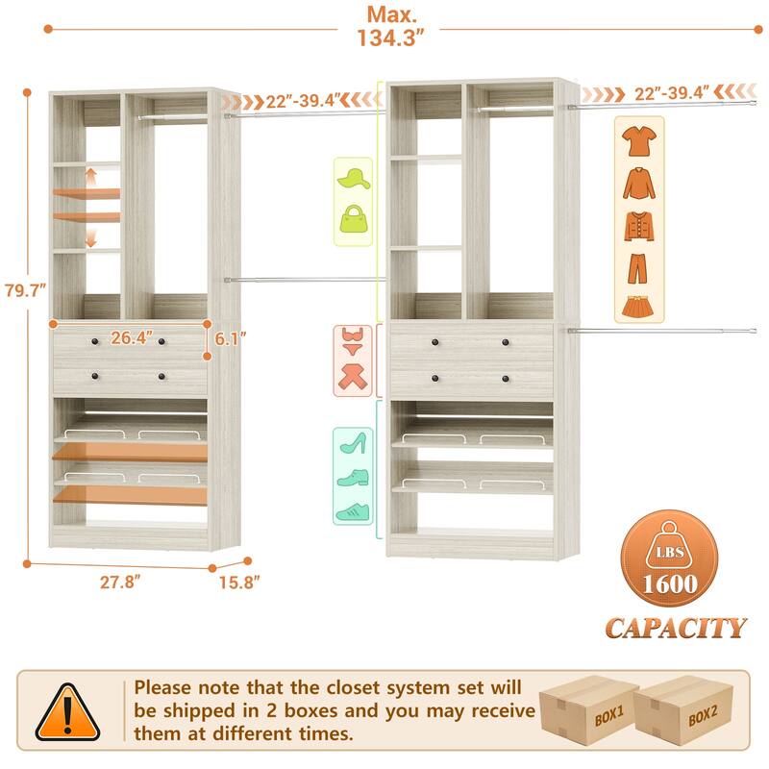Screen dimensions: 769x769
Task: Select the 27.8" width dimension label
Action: tap(124, 582)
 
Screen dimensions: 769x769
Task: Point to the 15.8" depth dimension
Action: tap(236, 582)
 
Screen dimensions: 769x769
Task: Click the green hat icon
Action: tap(353, 177)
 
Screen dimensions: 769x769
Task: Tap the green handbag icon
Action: tap(353, 216)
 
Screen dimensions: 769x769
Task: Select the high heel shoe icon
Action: tap(351, 443)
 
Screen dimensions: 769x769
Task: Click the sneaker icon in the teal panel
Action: tap(351, 511)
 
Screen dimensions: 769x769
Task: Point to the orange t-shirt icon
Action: tap(639, 140)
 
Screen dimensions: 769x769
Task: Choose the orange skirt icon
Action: tap(639, 307)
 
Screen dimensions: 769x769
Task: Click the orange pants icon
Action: tap(639, 266)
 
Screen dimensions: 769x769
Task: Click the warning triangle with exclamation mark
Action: tap(67, 713)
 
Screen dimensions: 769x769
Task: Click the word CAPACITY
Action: tap(675, 628)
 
